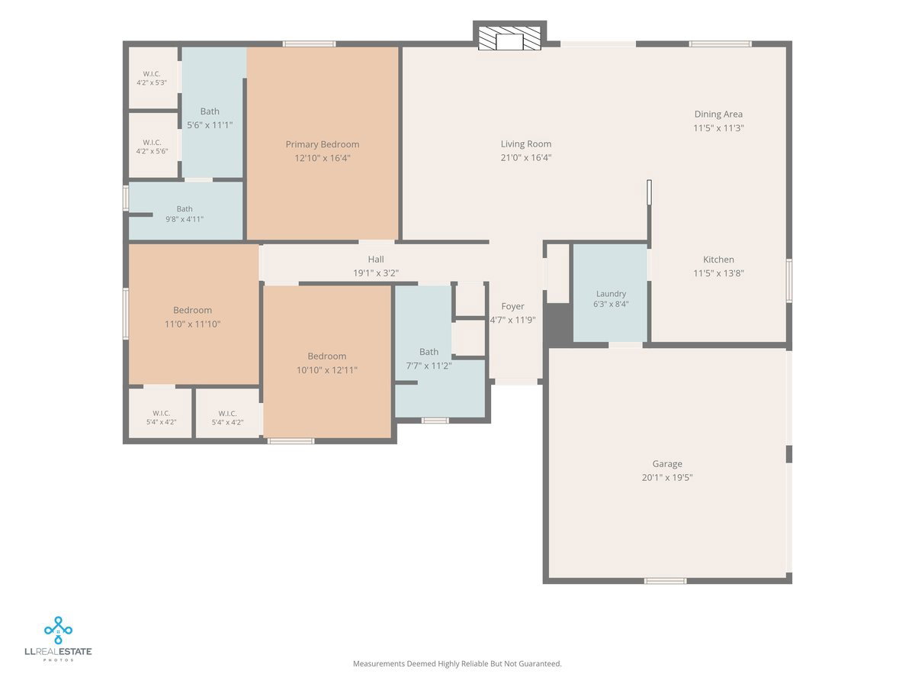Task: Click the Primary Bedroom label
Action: point(323,144)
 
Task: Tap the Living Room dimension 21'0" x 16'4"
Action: point(526,157)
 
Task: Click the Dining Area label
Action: point(718,114)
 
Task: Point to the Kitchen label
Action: point(718,260)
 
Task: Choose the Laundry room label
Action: point(611,294)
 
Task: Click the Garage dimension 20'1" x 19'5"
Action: point(667,477)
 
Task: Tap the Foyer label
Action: point(512,307)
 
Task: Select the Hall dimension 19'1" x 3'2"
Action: point(376,273)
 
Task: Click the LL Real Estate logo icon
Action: point(59,630)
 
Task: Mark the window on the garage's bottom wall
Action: point(666,581)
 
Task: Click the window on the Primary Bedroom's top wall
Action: point(309,44)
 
